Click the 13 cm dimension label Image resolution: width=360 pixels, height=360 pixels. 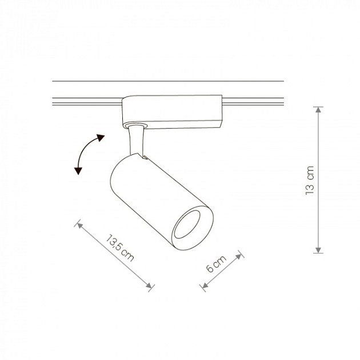[310, 181]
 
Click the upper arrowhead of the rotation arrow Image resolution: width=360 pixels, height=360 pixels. [101, 137]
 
